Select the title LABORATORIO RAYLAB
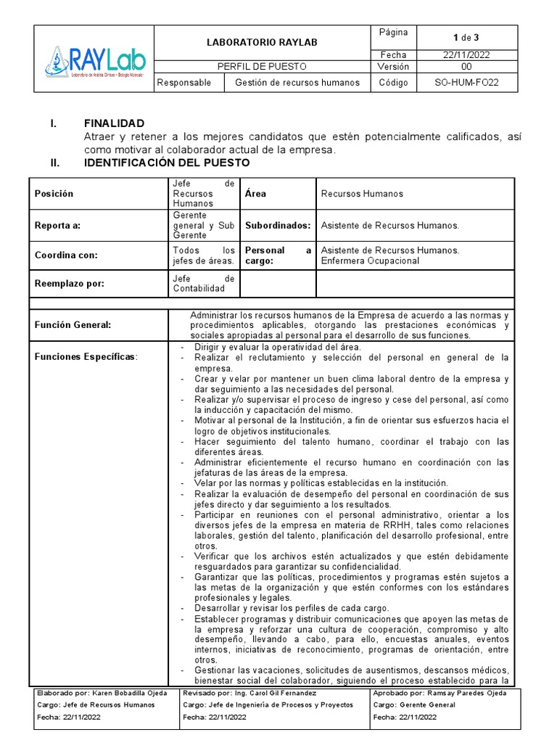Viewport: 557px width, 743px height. pos(262,44)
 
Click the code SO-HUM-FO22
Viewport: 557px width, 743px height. pos(466,83)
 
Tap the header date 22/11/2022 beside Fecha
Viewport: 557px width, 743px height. pos(467,55)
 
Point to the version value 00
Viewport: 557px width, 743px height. pos(466,67)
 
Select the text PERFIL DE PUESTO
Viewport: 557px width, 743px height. pos(262,67)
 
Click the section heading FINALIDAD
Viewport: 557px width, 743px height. pos(114,123)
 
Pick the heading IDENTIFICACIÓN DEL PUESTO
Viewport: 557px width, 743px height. pos(167,163)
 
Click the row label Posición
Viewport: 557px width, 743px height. pos(54,194)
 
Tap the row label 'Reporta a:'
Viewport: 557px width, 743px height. pos(57,226)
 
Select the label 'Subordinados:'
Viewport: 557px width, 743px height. pos(278,226)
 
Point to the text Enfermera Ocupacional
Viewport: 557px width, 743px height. pos(370,260)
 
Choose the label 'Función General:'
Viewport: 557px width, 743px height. pos(73,325)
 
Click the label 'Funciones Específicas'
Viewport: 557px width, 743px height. pos(85,357)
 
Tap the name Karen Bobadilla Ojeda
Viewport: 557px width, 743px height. pos(128,693)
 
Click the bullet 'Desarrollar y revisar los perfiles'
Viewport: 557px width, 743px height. pos(292,607)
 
